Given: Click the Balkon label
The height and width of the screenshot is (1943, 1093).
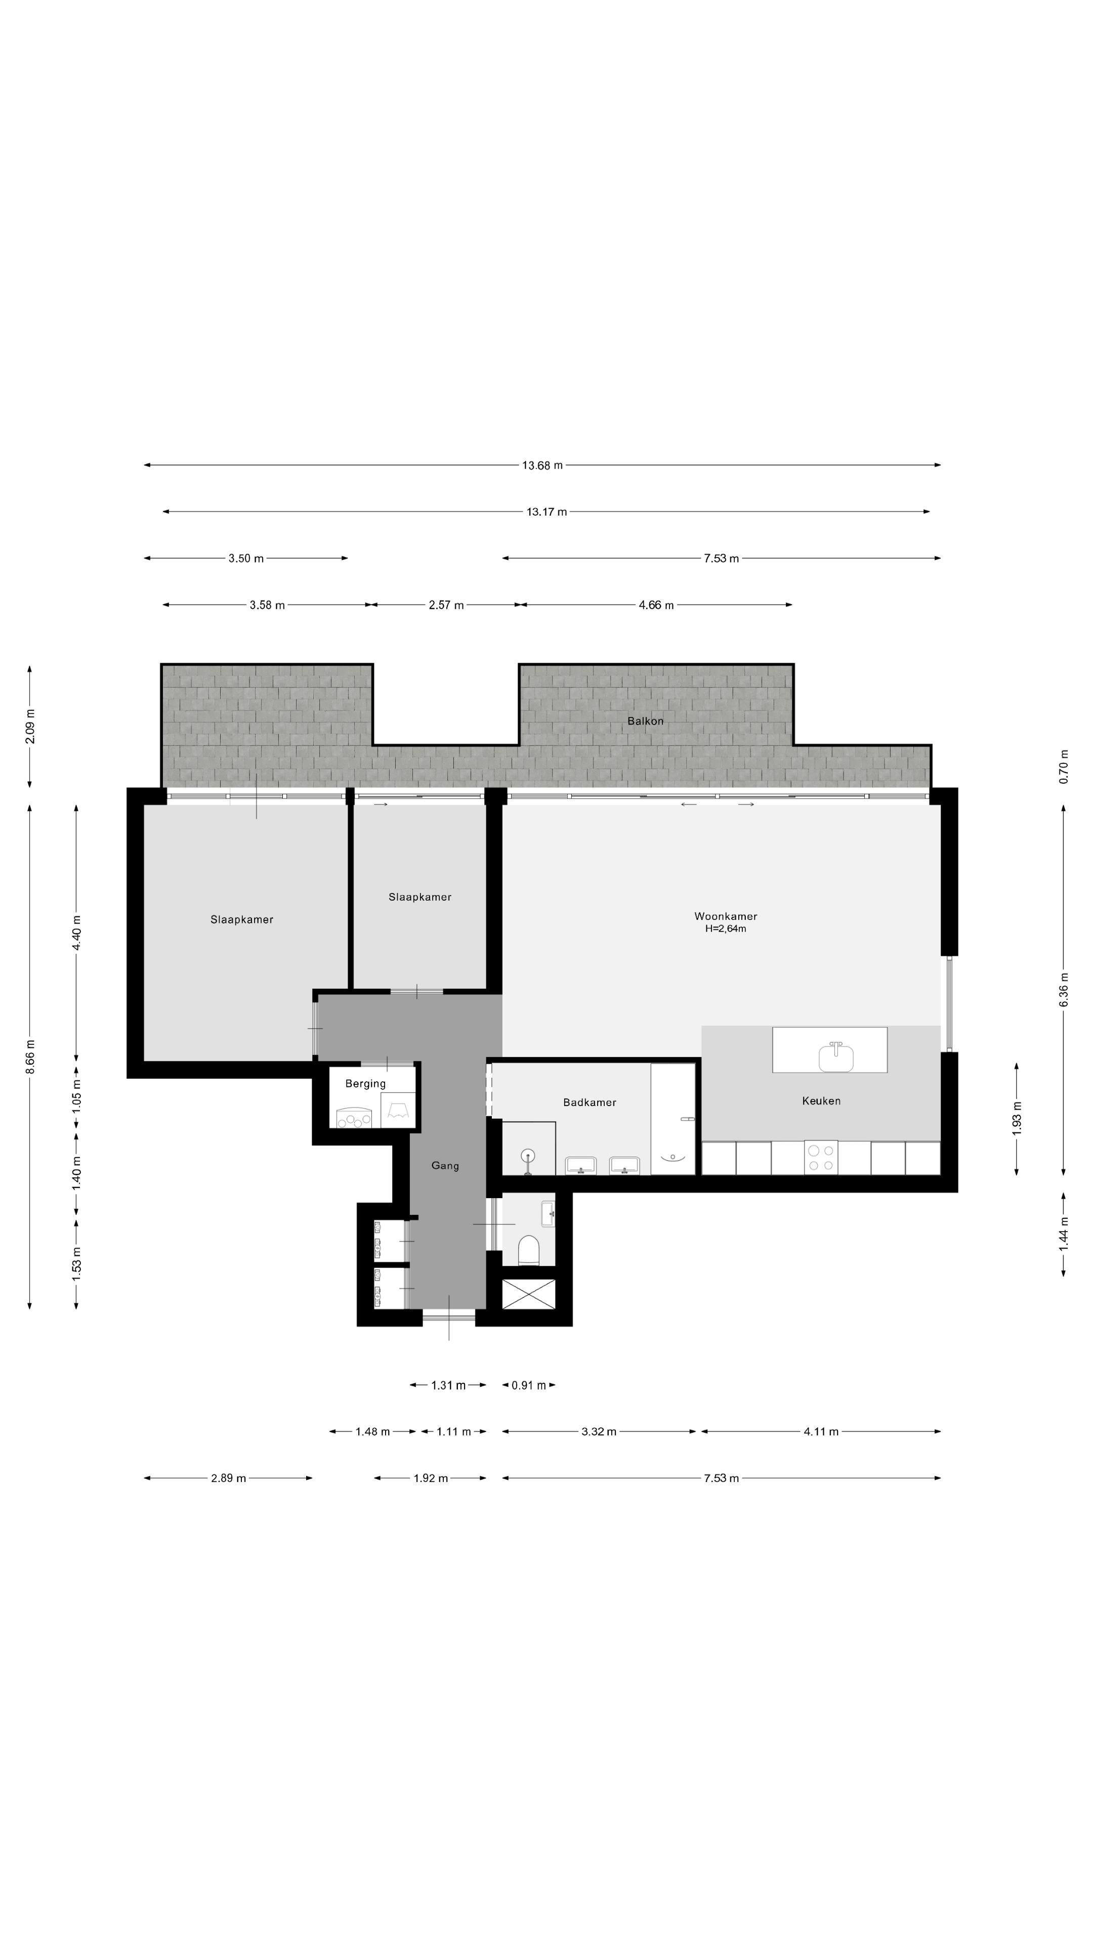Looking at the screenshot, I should (645, 721).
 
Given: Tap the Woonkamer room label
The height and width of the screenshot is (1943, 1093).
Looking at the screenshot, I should (725, 916).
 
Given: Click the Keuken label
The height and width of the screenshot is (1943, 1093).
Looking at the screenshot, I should (821, 1101).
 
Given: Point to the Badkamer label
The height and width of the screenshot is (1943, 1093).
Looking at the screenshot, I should (589, 1103).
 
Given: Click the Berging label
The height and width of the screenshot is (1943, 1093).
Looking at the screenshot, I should (365, 1084).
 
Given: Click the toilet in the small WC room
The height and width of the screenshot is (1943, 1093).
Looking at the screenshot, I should (529, 1250).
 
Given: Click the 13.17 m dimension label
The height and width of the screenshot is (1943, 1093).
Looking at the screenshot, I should (546, 512).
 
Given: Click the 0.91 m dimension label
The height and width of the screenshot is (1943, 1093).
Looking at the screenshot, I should (528, 1385).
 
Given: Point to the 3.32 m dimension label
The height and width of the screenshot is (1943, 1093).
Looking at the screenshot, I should (598, 1431).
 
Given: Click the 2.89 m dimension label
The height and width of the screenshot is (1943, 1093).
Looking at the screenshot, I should (228, 1479).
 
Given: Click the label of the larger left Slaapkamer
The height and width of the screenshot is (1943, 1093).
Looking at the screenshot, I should (241, 919).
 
